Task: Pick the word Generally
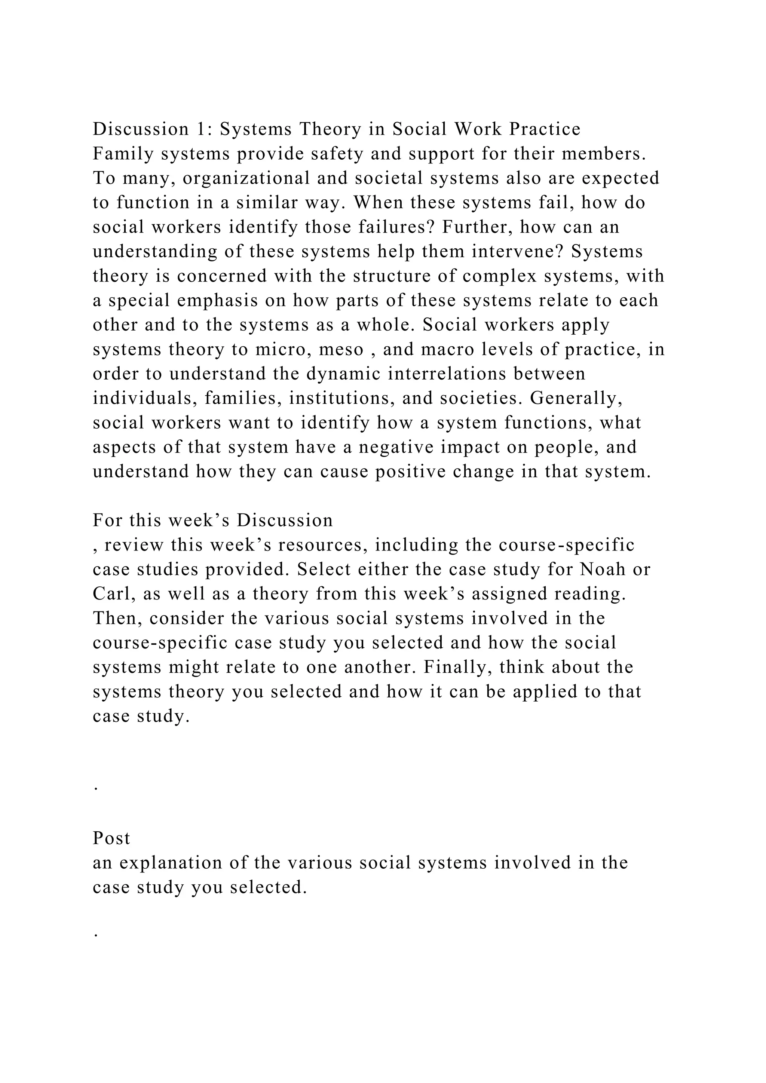pos(576,399)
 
